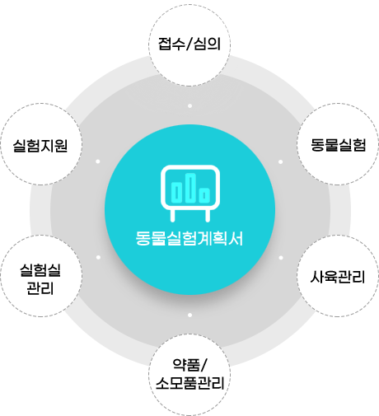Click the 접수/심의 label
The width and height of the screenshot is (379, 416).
(189, 44)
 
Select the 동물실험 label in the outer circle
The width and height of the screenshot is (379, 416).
(339, 145)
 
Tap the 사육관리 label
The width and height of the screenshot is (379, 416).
(338, 277)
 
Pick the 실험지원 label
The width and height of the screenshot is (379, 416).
(40, 145)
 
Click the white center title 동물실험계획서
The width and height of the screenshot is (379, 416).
(189, 238)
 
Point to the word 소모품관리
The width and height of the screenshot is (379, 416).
(189, 383)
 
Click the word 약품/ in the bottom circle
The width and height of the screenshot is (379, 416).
(189, 365)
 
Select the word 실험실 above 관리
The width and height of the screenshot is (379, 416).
(40, 270)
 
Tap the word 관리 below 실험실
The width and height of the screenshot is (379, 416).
(40, 288)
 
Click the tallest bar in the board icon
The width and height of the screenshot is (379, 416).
(190, 188)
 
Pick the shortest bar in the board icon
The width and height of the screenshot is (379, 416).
(204, 195)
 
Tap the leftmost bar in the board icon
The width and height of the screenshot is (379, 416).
(176, 193)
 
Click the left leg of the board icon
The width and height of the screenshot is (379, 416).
(172, 216)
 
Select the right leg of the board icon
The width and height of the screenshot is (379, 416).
(208, 216)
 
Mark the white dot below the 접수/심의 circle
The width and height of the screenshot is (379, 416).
(189, 105)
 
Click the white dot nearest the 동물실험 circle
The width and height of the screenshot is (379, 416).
(280, 161)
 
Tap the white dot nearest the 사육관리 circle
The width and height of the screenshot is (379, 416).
(281, 258)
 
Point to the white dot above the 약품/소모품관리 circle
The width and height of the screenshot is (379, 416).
(189, 315)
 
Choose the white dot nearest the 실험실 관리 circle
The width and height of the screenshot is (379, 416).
(98, 257)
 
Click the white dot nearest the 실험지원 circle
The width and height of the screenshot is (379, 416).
(98, 161)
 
